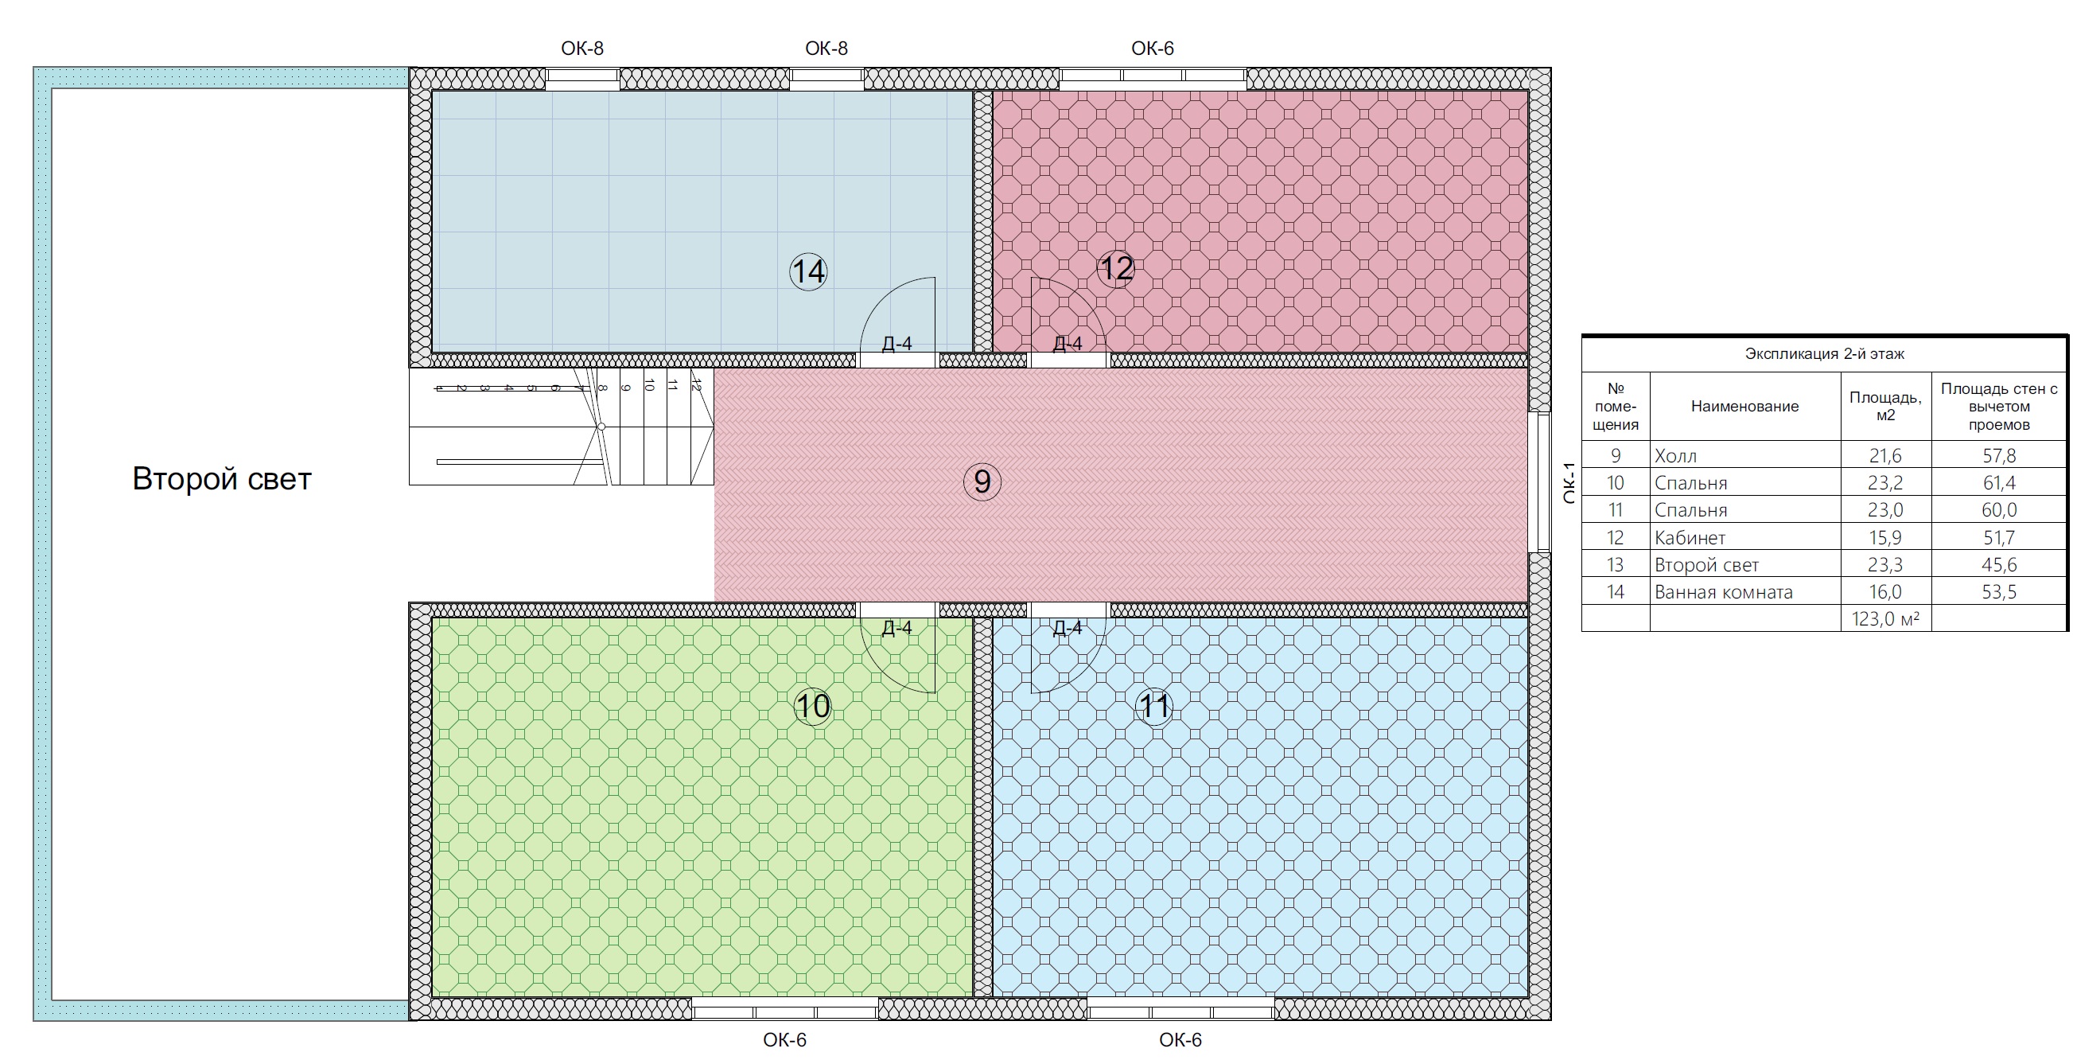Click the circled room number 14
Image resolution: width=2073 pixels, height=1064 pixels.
tap(808, 271)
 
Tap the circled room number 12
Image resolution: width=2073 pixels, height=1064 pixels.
tap(1115, 268)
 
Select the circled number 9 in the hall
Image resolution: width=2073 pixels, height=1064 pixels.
tap(982, 481)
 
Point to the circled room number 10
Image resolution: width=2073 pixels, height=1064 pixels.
tap(812, 707)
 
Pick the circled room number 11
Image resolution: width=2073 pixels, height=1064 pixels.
tap(1154, 707)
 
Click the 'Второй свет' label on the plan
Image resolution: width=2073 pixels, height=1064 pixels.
tap(221, 479)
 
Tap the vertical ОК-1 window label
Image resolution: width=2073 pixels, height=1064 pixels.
tap(1569, 483)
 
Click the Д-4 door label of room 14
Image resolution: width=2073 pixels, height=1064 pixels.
tap(896, 344)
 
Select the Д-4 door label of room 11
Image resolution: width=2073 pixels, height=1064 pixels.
tap(1067, 628)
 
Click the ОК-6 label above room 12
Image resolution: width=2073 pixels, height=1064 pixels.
tap(1153, 49)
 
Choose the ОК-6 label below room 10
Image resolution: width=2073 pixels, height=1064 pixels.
tap(784, 1040)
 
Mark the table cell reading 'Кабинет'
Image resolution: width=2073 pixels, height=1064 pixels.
tap(1690, 538)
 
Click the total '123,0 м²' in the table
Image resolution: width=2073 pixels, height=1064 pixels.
tap(1885, 619)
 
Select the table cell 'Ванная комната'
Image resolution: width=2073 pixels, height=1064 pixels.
tap(1724, 592)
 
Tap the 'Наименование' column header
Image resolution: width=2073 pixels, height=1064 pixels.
tap(1744, 407)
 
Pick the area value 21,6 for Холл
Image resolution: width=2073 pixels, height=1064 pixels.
tap(1885, 455)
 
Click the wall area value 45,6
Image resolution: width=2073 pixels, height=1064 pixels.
tap(1999, 565)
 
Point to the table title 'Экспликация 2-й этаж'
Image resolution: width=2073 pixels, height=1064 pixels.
tap(1824, 354)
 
